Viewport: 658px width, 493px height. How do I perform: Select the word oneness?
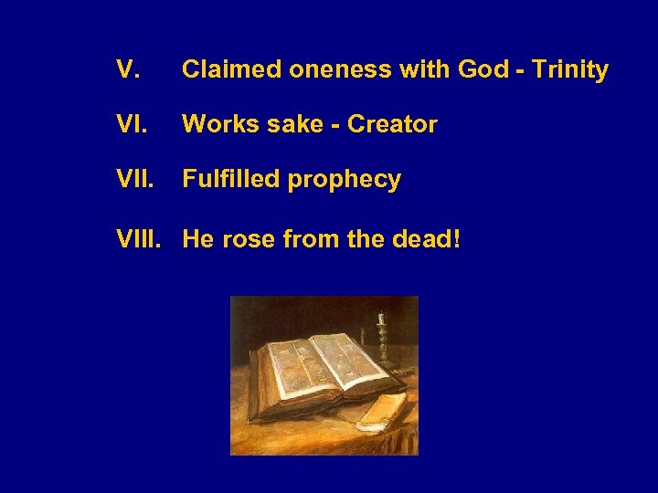click(327, 69)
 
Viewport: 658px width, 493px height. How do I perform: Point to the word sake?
click(291, 124)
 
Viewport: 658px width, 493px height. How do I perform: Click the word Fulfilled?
click(231, 180)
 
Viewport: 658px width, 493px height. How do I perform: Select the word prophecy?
click(345, 182)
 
